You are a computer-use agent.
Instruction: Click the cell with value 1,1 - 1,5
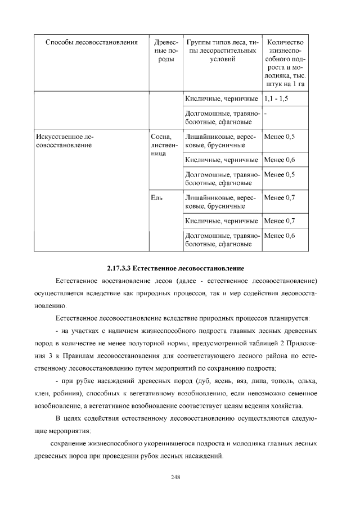click(x=279, y=98)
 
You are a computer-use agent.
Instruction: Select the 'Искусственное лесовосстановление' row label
click(x=64, y=141)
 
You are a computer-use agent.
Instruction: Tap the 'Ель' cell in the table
click(x=157, y=197)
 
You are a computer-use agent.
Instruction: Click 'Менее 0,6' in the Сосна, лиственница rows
click(x=279, y=160)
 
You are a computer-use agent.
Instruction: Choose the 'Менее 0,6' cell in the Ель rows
click(x=279, y=236)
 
